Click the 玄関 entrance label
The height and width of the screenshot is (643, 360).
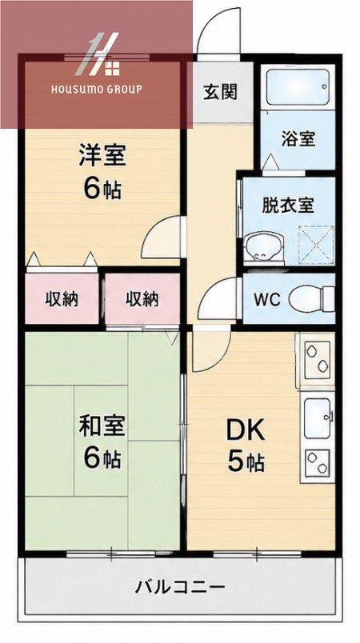(x=220, y=93)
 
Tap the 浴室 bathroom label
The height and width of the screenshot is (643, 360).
(x=298, y=138)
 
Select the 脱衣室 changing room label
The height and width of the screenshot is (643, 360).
(x=288, y=206)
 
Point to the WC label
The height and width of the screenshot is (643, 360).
(x=266, y=300)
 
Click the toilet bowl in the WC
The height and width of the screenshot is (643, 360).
(x=306, y=299)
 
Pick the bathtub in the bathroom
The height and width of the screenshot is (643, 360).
(x=298, y=87)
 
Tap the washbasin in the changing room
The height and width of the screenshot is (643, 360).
(x=263, y=249)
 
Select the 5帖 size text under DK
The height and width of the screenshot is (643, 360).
(x=246, y=461)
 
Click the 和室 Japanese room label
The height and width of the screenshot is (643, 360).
(x=102, y=426)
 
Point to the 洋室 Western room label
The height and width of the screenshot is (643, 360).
(x=102, y=155)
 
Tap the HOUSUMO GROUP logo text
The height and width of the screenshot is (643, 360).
(x=96, y=90)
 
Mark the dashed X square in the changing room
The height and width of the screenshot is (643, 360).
(x=316, y=246)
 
